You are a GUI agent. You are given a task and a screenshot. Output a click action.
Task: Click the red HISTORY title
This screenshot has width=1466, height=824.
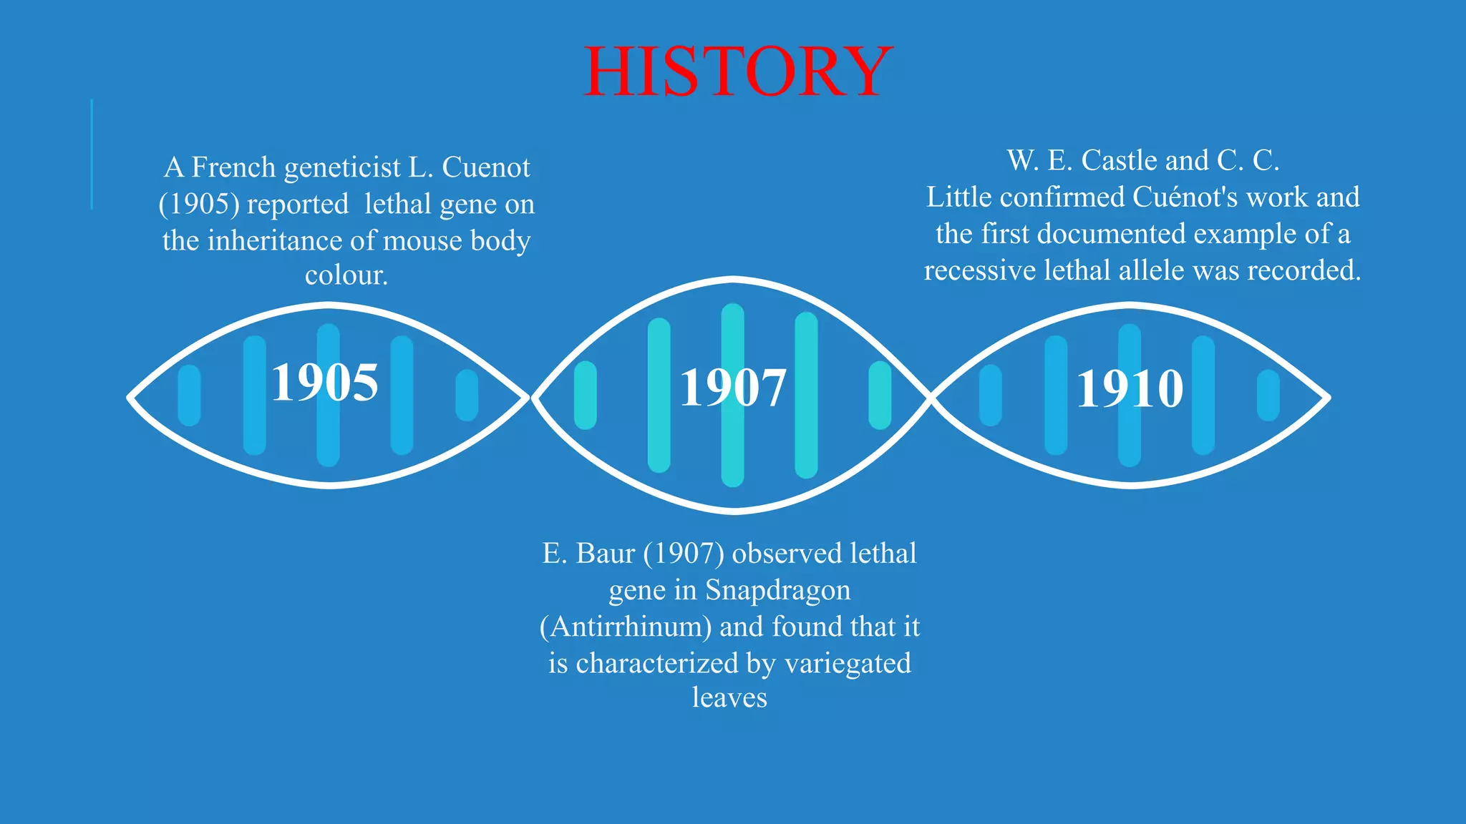pos(737,71)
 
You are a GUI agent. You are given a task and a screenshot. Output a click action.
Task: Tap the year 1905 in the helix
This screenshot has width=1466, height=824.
pos(324,383)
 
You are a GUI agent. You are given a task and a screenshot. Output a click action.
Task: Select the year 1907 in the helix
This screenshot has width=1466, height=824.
pos(732,388)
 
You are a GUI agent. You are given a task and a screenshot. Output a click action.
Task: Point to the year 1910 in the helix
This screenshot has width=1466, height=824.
pos(1130,389)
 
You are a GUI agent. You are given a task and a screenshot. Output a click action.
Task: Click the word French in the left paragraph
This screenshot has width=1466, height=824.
pos(233,167)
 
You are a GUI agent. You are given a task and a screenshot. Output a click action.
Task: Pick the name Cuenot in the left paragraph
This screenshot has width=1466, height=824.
pos(486,167)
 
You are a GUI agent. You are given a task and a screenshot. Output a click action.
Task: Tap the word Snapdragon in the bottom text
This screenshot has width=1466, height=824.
pos(777,590)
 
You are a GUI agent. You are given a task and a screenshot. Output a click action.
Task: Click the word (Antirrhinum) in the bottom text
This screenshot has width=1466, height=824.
pos(625,627)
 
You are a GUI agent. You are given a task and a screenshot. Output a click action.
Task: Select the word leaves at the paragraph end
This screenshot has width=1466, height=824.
pos(729,697)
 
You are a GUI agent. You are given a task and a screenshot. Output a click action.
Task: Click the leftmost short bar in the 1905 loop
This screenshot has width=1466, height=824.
pos(189,396)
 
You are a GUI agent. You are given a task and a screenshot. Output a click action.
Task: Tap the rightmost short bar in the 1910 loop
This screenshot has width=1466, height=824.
pos(1268,396)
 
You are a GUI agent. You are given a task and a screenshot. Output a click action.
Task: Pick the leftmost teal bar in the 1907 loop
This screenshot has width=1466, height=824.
pos(585,396)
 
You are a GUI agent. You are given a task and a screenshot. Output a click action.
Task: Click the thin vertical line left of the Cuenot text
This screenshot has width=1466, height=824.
pos(92,154)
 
